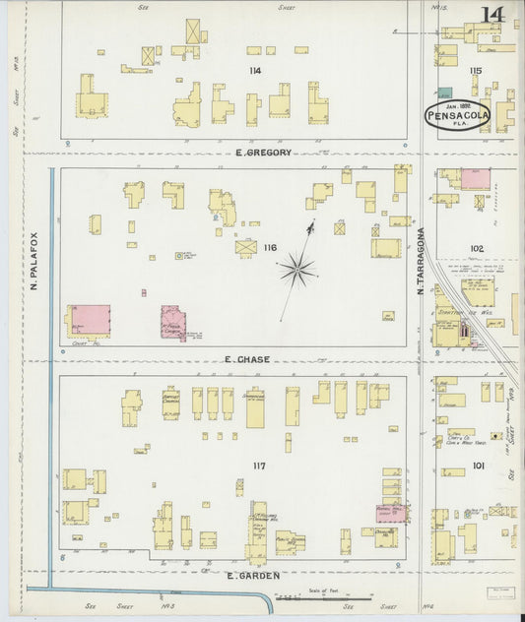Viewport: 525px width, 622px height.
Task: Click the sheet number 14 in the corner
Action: pyautogui.click(x=492, y=14)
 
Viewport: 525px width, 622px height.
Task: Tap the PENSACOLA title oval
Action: pyautogui.click(x=457, y=116)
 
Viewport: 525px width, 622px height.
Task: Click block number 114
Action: pyautogui.click(x=255, y=70)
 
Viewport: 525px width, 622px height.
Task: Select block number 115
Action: pyautogui.click(x=476, y=70)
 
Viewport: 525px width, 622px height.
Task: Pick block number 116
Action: pyautogui.click(x=270, y=248)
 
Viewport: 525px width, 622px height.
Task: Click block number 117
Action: pyautogui.click(x=260, y=464)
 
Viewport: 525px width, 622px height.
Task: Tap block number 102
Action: pyautogui.click(x=477, y=249)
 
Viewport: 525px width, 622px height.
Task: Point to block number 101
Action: pyautogui.click(x=478, y=465)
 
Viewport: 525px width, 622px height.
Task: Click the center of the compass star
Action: pyautogui.click(x=296, y=266)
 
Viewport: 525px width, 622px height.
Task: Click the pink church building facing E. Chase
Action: pyautogui.click(x=173, y=323)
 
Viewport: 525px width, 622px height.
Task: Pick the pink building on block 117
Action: pyautogui.click(x=391, y=512)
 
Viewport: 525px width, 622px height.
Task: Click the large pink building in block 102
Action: pyautogui.click(x=475, y=179)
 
